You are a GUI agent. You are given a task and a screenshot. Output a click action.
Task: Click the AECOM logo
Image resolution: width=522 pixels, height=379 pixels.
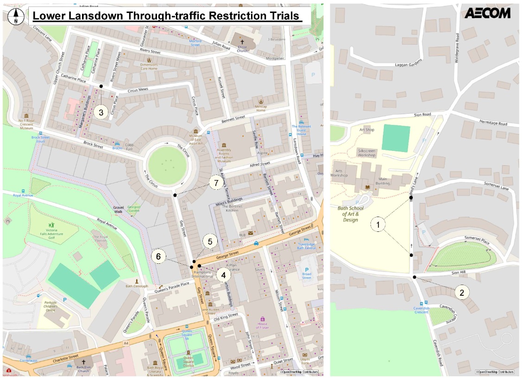pos(487,13)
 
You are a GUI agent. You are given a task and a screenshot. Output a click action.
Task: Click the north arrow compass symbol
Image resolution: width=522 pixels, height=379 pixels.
pos(16,16)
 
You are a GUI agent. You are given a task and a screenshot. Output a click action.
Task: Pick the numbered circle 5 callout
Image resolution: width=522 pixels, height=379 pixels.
pos(210,242)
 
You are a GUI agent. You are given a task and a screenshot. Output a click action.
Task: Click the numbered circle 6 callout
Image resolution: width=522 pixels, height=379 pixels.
pos(158,256)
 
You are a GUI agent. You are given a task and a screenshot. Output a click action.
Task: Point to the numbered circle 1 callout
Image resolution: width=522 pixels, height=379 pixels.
pos(378,225)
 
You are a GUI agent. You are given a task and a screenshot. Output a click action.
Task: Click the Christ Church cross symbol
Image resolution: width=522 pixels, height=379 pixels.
pos(242,42)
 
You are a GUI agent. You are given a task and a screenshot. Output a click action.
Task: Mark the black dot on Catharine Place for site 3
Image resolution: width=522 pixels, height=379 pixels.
pos(101,86)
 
